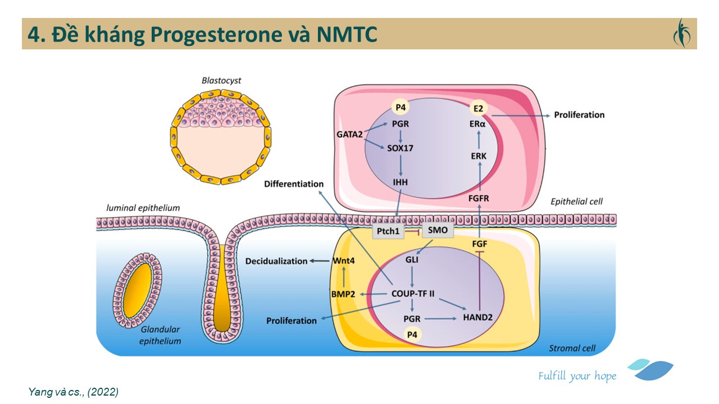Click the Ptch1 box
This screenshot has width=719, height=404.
(389, 231)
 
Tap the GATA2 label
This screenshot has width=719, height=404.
(349, 134)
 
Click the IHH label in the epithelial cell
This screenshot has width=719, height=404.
(401, 182)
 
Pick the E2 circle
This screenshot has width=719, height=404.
(478, 108)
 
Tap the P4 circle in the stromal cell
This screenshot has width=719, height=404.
(413, 335)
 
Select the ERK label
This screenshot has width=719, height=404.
(479, 156)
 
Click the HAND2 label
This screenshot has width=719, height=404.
(478, 318)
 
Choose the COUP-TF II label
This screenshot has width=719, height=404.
(413, 293)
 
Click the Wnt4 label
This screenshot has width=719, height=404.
(342, 261)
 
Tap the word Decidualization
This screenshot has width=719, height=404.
(276, 261)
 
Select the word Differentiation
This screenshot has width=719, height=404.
(294, 183)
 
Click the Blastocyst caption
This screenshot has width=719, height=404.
(221, 80)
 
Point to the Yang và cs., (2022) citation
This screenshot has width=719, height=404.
(73, 392)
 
